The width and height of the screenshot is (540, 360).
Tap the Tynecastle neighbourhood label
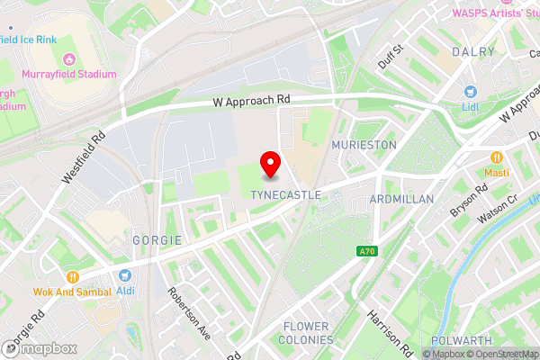tap(282, 194)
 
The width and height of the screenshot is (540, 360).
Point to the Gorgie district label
tap(157, 240)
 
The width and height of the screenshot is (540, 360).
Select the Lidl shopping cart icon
tap(469, 92)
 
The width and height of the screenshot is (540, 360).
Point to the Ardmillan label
tap(401, 198)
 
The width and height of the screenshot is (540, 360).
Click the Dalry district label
tap(474, 52)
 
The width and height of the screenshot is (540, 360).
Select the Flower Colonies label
tap(308, 333)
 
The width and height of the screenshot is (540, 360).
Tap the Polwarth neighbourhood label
tap(460, 340)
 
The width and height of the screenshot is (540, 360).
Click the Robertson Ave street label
tap(189, 314)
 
